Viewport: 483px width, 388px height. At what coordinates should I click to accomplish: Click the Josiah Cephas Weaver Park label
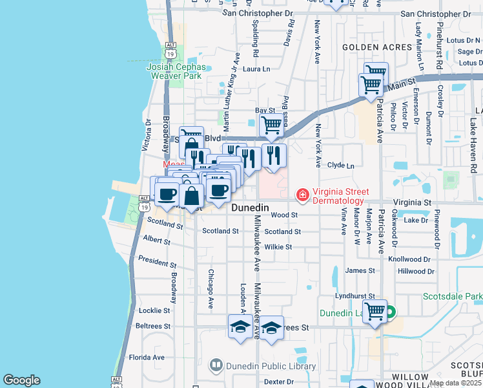pos(177,71)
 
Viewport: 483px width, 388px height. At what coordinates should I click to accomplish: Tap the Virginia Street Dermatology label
pos(341,196)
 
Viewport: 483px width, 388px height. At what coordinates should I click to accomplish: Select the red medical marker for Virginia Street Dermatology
pos(302,194)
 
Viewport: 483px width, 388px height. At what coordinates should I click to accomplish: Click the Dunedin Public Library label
pos(271,366)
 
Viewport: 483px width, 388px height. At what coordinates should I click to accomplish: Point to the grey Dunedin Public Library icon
pos(216,366)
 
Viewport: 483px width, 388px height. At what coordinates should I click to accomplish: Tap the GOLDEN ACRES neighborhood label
pos(377,47)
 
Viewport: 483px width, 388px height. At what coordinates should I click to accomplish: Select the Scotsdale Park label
pos(453,297)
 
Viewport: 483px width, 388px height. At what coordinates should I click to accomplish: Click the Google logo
pos(21,380)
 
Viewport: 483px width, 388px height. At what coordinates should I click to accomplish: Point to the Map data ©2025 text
pos(455,383)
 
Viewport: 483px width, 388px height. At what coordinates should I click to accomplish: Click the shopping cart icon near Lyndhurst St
pos(375,311)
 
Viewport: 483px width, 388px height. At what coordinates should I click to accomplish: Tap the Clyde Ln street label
pos(341,166)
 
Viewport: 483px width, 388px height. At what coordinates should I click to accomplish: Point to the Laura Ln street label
pos(256,69)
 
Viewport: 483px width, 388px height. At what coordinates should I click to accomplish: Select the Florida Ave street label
pos(147,357)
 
